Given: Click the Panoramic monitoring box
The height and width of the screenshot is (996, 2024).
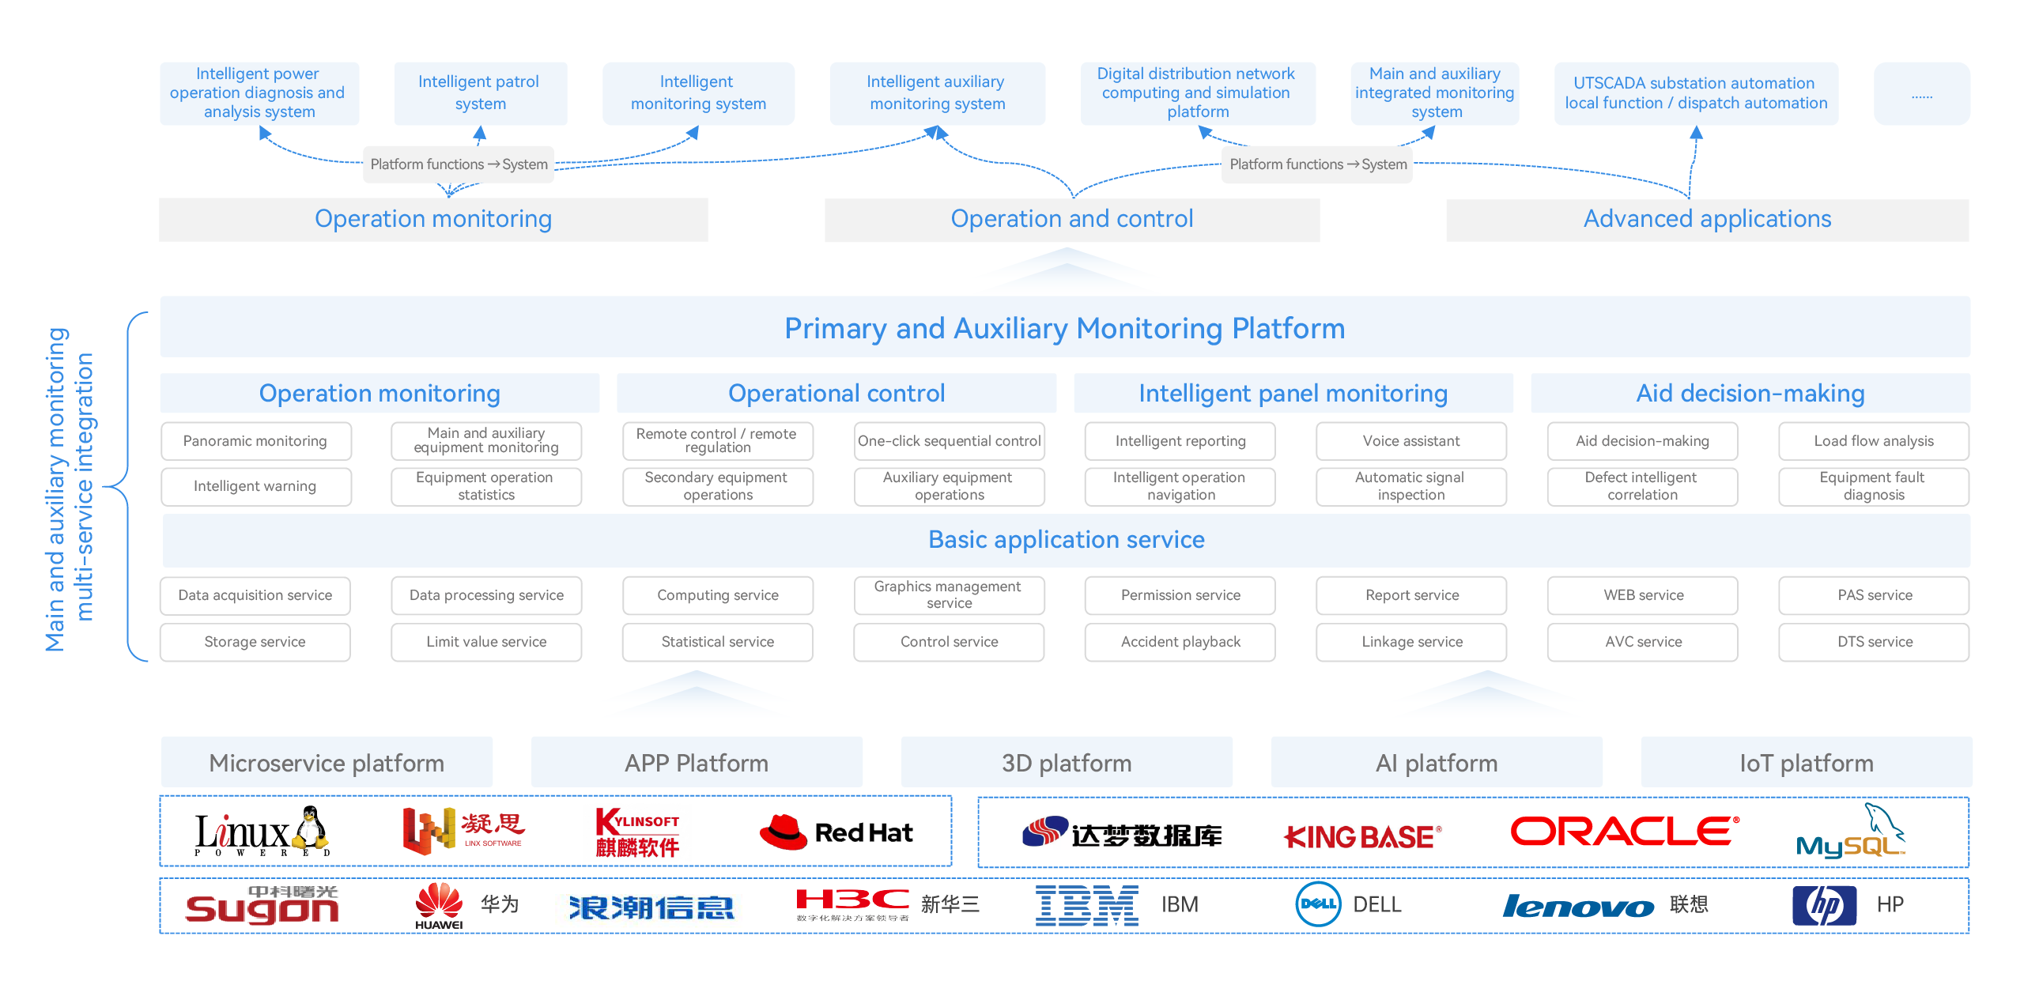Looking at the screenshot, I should click(255, 441).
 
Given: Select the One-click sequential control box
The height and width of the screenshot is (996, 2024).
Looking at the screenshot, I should click(949, 441).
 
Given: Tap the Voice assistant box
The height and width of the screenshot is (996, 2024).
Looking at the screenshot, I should click(1411, 441).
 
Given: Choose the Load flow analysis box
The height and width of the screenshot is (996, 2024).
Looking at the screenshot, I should click(1874, 441).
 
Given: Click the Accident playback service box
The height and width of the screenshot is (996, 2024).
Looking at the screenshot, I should click(1180, 642).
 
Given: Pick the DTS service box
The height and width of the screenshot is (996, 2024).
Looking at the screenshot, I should click(1874, 642).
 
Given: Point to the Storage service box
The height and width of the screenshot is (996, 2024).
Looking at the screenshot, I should click(255, 642).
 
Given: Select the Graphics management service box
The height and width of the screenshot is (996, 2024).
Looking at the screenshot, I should click(949, 595).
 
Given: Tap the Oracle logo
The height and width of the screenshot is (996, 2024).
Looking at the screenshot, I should click(1625, 832).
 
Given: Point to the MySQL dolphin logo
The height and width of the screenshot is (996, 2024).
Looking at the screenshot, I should click(1850, 834).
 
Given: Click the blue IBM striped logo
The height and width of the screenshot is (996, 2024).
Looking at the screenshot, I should click(1086, 905).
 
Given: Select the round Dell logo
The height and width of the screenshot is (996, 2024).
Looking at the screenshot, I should click(1318, 904).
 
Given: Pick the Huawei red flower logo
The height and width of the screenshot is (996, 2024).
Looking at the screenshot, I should click(439, 904).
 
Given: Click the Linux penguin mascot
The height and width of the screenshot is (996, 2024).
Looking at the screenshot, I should click(311, 828).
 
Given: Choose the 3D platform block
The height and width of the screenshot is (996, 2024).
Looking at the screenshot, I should click(1067, 763).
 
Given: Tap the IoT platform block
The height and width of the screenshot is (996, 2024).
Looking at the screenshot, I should click(1807, 763).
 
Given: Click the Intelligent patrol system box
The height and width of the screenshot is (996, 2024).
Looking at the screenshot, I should click(479, 93).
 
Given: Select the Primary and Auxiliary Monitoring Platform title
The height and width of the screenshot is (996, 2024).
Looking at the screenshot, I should click(1064, 328).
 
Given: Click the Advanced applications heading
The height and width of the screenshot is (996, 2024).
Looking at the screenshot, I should click(1707, 219).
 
